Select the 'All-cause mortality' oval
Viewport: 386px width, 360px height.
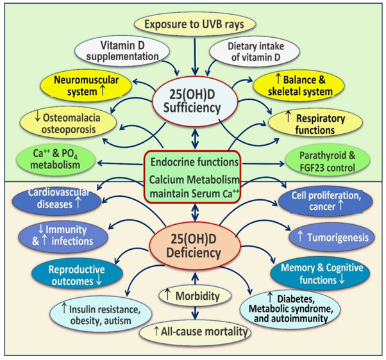point(193,332)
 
